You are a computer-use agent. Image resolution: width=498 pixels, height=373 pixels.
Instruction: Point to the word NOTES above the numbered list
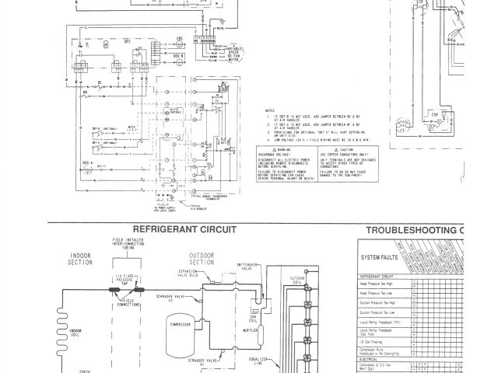[272, 110]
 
